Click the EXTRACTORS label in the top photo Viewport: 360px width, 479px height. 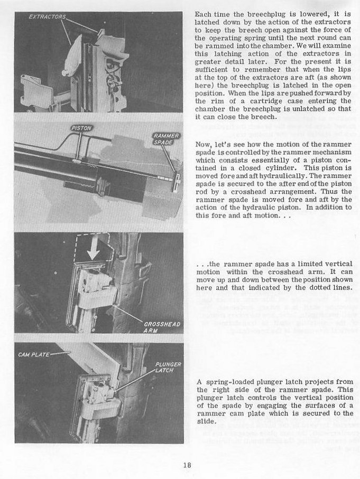tap(47, 17)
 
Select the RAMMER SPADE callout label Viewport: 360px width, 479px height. tap(163, 140)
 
